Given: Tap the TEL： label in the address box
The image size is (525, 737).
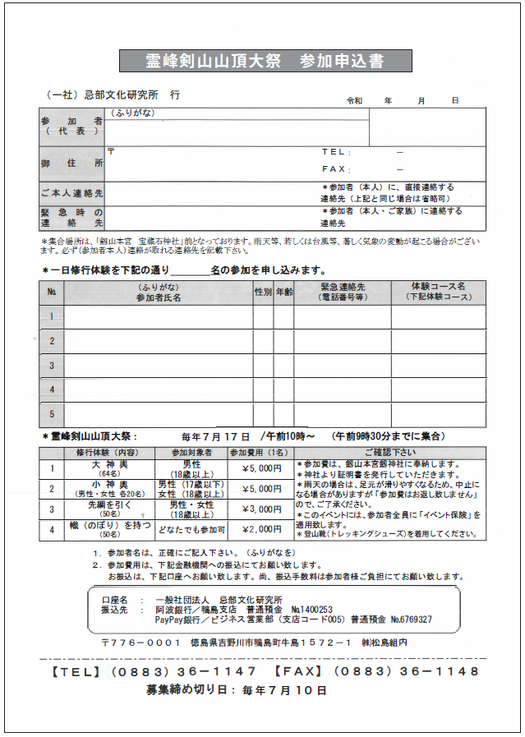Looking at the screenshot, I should (x=335, y=152).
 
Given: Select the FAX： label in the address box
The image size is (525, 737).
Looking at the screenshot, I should (x=335, y=168).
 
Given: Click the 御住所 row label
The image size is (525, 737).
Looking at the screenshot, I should (x=71, y=164).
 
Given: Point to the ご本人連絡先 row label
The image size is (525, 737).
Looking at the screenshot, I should (x=71, y=193).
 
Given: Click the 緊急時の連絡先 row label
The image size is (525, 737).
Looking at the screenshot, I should (x=71, y=217).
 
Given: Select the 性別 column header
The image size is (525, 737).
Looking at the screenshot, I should (x=263, y=292).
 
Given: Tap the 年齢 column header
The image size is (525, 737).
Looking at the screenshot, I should (x=283, y=292).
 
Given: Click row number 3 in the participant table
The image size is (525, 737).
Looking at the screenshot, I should (x=51, y=365).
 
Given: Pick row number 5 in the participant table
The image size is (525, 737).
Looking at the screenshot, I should (x=51, y=413).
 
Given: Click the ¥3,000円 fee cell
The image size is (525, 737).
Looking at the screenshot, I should (x=261, y=509).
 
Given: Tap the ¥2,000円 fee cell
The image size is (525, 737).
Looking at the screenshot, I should (x=261, y=529).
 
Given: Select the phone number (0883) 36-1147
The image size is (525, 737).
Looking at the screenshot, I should (x=195, y=670).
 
